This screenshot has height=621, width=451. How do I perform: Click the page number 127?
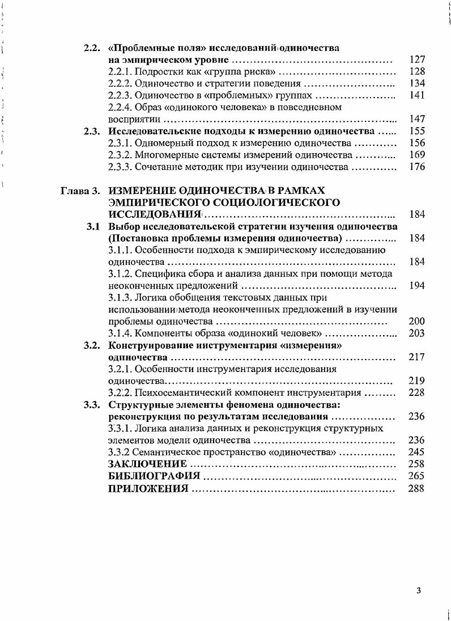(416, 60)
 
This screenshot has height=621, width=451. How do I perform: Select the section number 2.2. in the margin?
(92, 48)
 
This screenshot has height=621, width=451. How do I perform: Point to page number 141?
(416, 95)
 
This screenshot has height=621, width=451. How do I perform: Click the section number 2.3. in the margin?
(92, 132)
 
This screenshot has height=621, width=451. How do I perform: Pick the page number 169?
(416, 155)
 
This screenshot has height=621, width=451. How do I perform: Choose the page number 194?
(416, 286)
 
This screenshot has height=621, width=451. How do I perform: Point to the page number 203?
(416, 333)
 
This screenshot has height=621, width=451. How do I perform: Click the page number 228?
(416, 392)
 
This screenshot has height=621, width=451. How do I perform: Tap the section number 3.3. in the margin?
(92, 405)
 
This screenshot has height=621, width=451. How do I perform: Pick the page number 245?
(416, 452)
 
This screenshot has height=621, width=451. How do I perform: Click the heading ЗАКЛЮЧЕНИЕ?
(147, 464)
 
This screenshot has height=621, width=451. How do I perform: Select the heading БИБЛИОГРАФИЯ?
(154, 476)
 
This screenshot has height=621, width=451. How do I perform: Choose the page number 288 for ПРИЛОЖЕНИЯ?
(416, 488)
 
